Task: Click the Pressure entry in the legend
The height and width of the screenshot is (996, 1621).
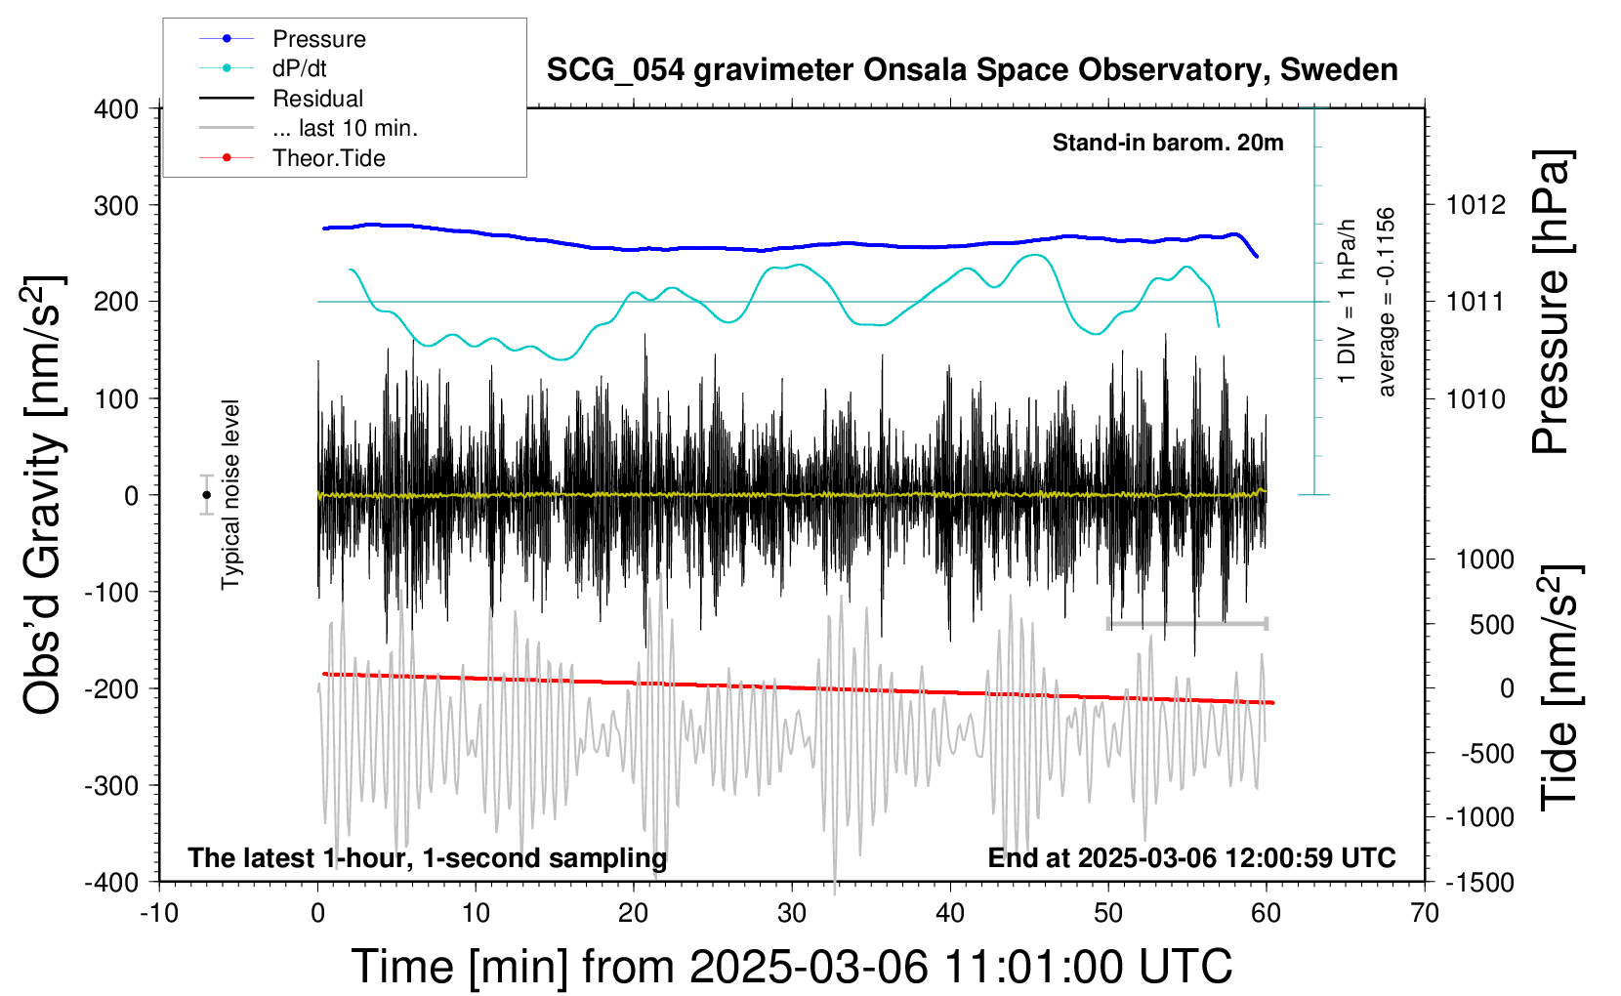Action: point(318,39)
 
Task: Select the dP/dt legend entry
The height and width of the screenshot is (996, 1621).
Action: point(299,68)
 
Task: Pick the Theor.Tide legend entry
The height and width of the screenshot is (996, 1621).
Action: point(328,158)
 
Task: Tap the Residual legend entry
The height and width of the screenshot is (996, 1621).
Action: point(317,99)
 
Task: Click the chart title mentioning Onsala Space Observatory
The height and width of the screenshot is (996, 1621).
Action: point(972,70)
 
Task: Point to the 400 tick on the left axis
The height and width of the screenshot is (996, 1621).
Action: point(116,108)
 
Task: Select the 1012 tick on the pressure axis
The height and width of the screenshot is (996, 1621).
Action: point(1476,205)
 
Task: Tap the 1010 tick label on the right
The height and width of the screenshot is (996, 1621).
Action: point(1476,398)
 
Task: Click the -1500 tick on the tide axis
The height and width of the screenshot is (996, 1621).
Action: point(1479,882)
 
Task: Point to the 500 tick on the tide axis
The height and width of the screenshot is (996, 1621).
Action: point(1491,624)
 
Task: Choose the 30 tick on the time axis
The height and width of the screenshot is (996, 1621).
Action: point(792,914)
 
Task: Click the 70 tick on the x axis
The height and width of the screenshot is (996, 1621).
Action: point(1425,914)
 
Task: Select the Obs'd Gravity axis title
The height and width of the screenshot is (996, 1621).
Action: point(44,495)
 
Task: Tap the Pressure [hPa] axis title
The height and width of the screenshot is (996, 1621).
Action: point(1550,302)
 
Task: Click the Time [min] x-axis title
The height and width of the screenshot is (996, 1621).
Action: point(791,967)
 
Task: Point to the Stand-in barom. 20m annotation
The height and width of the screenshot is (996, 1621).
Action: point(1167,143)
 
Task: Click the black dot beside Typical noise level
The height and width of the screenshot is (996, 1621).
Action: point(206,495)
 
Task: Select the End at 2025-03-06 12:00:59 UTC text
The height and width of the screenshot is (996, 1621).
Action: point(1191,858)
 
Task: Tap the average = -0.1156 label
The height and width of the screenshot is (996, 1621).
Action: point(1386,302)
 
